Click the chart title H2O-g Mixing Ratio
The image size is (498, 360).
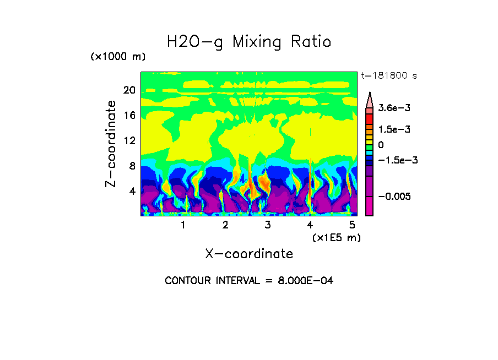pos(249,42)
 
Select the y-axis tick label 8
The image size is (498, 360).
pos(132,166)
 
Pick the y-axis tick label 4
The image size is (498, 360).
pos(132,192)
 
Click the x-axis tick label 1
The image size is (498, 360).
pos(183,225)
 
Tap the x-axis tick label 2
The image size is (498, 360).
pos(225,225)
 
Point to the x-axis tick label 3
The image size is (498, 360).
pos(268,225)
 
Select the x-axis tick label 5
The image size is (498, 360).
pos(352,225)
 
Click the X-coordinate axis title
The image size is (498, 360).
pos(249,254)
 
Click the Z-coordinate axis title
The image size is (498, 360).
pos(111,144)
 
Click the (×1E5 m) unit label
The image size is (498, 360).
pos(336,237)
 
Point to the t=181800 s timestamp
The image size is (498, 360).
pos(388,75)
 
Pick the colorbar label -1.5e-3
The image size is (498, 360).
pos(396,160)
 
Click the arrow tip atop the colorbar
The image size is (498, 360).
pos(369,95)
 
